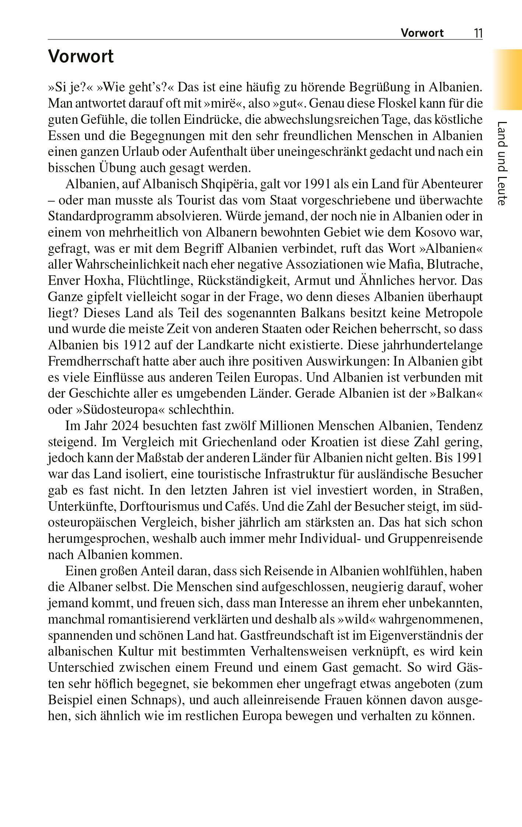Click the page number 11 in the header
pos(478,33)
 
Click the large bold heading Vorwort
pos(81,57)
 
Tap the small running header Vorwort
pos(422,33)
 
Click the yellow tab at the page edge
pos(508,79)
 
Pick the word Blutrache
pos(456,264)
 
